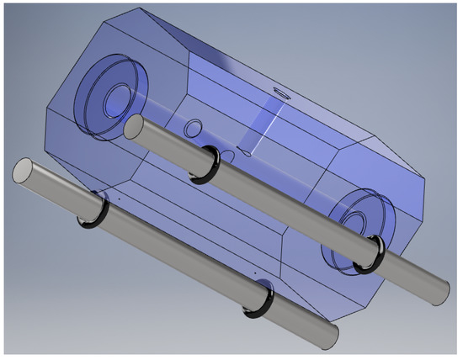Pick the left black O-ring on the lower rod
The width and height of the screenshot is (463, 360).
pyautogui.click(x=93, y=213)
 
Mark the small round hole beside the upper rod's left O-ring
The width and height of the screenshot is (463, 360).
pyautogui.click(x=193, y=128)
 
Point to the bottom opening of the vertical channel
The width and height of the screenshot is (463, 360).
pyautogui.click(x=245, y=151)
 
